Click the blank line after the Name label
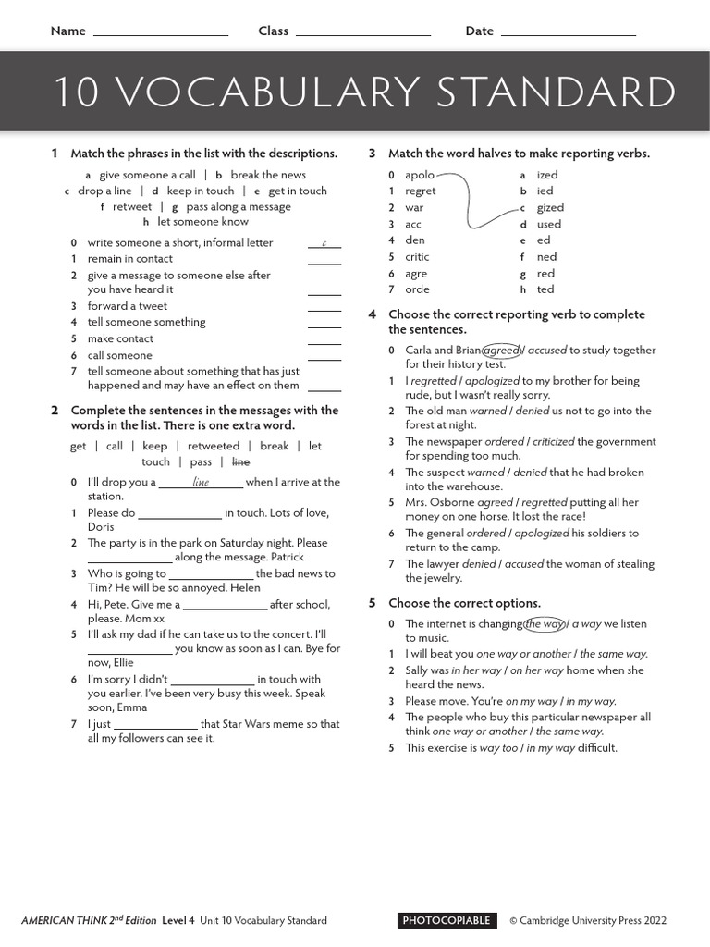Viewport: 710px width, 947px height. (x=161, y=34)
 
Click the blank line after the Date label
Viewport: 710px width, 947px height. (x=568, y=34)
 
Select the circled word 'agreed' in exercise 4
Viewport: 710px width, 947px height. (x=502, y=351)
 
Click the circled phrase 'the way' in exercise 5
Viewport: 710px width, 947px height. (x=544, y=624)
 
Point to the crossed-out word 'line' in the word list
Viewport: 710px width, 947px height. (x=240, y=461)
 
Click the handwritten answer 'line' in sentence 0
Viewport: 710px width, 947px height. (x=201, y=483)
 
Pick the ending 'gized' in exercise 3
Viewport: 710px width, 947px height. (x=549, y=208)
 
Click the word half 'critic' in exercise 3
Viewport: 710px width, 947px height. (x=417, y=257)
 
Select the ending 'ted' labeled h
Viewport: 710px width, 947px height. (x=545, y=289)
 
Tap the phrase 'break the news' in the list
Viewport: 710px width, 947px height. (x=268, y=175)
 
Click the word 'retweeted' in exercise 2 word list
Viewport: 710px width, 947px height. (x=214, y=446)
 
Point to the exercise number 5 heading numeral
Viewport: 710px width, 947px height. (x=372, y=603)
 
